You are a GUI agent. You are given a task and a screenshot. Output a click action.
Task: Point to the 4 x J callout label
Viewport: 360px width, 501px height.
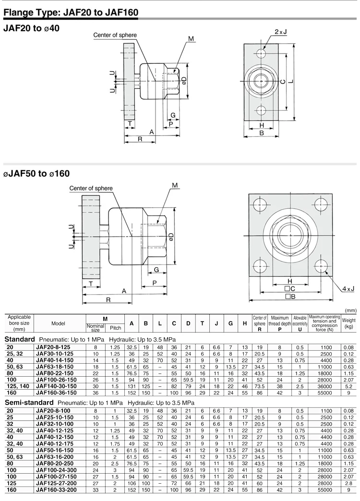pos(348,288)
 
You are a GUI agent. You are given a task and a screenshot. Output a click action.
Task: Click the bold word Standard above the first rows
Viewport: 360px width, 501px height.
pos(18,339)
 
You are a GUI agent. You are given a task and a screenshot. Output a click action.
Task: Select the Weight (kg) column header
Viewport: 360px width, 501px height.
pos(348,323)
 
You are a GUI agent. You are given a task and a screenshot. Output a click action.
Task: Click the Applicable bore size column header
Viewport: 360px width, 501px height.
pos(19,323)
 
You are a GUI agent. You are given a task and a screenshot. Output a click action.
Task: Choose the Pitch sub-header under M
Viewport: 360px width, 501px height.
pos(116,328)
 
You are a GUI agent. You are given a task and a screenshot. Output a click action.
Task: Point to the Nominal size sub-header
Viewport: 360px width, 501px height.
pos(96,328)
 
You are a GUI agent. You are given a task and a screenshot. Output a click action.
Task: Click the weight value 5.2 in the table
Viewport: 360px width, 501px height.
pos(348,385)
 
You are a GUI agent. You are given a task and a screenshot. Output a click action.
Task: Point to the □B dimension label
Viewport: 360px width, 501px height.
pos(289,297)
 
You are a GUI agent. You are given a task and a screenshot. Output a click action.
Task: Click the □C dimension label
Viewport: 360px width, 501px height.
pos(289,289)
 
